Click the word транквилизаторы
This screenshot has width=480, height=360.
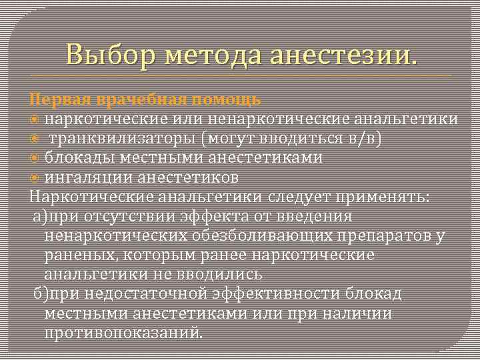coord(126,138)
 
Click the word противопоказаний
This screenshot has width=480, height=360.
coord(123,332)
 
